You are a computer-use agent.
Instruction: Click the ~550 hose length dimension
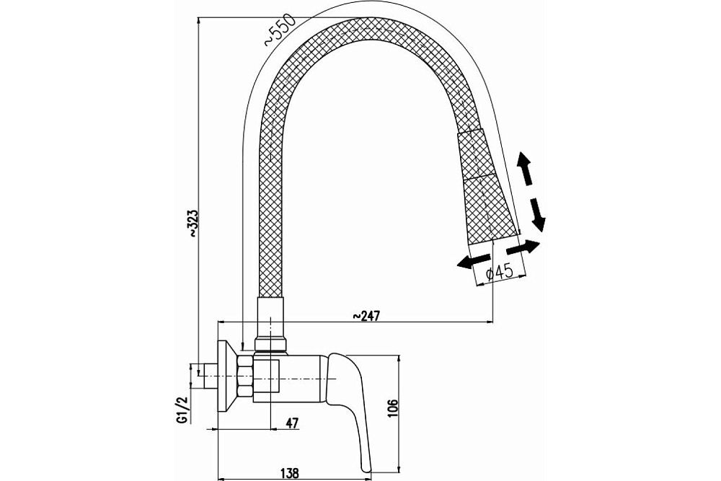click(x=280, y=31)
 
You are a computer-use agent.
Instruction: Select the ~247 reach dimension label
click(x=366, y=315)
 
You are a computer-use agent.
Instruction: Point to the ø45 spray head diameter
click(x=499, y=273)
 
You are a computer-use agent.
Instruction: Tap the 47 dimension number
click(x=291, y=423)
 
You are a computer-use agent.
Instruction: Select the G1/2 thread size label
click(x=183, y=409)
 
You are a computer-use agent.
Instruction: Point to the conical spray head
click(x=487, y=187)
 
